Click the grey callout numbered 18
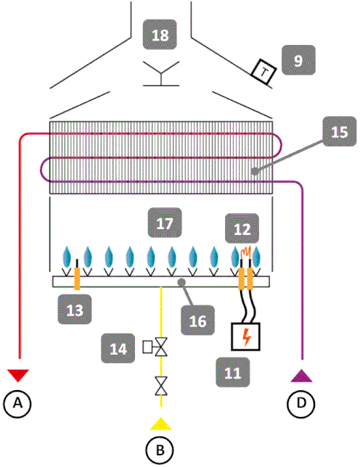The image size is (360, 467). click(x=160, y=35)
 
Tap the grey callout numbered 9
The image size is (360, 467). click(x=298, y=60)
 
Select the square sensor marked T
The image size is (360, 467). click(x=263, y=72)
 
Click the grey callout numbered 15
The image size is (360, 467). click(x=340, y=131)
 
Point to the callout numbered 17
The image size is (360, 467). click(x=165, y=223)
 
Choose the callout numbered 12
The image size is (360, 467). click(x=242, y=228)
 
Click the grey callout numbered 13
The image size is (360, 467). click(x=75, y=310)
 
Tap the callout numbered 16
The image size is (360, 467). click(x=198, y=321)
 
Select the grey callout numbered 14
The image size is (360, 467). click(x=118, y=348)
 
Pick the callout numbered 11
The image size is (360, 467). click(x=233, y=372)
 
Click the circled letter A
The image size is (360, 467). click(x=17, y=404)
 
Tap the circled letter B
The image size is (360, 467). click(x=160, y=450)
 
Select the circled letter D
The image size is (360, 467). click(x=301, y=404)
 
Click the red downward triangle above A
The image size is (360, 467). click(x=18, y=375)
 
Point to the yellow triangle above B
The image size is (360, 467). click(x=160, y=425)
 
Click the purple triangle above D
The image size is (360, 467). click(x=302, y=376)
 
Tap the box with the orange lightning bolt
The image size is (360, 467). click(x=245, y=336)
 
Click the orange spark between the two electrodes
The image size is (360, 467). click(x=245, y=252)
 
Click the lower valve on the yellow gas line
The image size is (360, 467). click(x=161, y=386)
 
